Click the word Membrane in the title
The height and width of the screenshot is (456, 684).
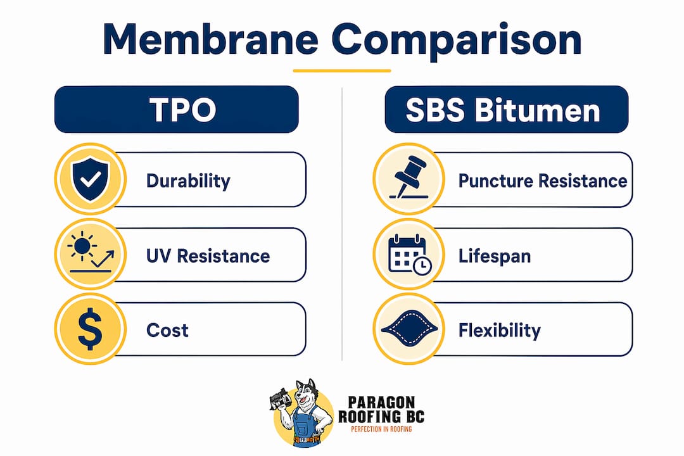[211, 39]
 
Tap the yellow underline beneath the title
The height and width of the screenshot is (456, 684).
[342, 70]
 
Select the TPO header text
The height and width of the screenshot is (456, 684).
[183, 110]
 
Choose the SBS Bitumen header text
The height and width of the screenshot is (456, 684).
[503, 110]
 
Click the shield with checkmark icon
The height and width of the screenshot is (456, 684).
[91, 179]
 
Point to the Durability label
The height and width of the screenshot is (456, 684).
[188, 180]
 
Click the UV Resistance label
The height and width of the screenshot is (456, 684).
[208, 256]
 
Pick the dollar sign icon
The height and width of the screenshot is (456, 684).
[91, 329]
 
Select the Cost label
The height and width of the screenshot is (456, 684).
[167, 331]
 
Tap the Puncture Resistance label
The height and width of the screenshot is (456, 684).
[543, 180]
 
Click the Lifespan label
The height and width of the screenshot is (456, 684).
[495, 256]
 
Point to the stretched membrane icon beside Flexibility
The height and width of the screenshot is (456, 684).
[409, 329]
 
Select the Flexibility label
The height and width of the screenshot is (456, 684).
[500, 331]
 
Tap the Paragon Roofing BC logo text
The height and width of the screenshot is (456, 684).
[381, 409]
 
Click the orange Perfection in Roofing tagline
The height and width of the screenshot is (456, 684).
[381, 429]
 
